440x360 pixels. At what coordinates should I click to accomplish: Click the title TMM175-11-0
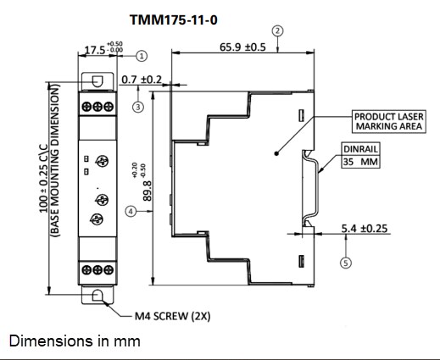point(178,18)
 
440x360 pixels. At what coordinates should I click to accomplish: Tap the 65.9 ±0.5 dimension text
point(242,47)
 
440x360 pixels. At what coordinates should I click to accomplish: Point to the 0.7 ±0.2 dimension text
point(142,80)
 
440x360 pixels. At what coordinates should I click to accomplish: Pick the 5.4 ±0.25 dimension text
point(365,229)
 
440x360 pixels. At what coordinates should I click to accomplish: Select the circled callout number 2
point(277,30)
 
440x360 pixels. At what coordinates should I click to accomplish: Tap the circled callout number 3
point(138,107)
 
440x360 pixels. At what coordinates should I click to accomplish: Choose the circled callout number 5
point(345,263)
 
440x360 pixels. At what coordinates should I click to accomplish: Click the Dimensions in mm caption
point(74,341)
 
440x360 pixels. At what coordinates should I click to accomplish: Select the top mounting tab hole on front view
point(97,80)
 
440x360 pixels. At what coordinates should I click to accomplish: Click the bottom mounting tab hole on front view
point(97,296)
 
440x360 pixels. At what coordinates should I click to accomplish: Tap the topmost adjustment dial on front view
point(101,162)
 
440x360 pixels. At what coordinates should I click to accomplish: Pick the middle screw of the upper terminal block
point(97,107)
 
